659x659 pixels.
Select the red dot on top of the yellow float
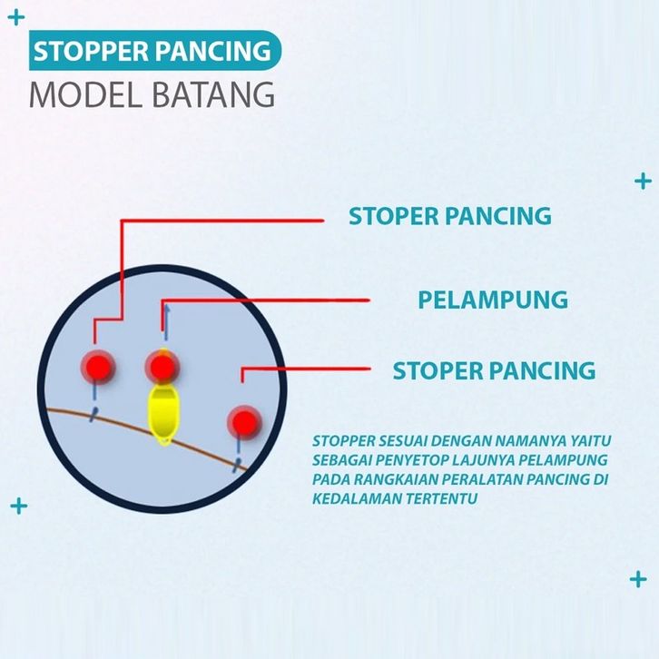(x=162, y=368)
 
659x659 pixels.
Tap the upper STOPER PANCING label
(x=450, y=216)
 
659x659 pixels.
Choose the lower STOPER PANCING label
(x=494, y=370)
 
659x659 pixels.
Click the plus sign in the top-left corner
(x=15, y=16)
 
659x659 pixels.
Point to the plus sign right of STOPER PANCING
(x=643, y=181)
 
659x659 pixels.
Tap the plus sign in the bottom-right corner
(x=638, y=579)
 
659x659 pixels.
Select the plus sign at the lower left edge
(x=18, y=506)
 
